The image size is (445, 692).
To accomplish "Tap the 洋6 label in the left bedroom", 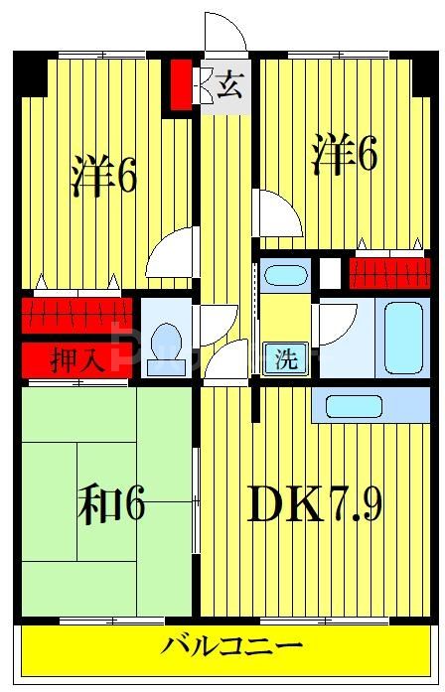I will coord(103,177).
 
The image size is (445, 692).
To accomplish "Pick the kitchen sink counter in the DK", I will coord(370,405).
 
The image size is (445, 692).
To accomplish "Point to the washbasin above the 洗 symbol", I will coord(286,275).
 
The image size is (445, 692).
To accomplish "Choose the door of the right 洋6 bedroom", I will coord(273,213).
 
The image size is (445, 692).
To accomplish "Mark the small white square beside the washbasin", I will coord(329,271).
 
